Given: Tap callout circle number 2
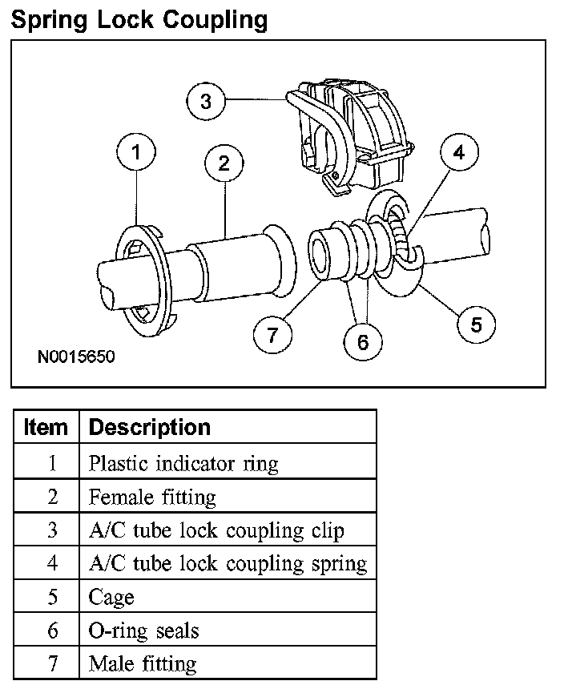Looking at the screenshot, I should point(224,163).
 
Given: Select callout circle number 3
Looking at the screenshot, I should point(206,102).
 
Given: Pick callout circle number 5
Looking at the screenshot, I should point(476,324).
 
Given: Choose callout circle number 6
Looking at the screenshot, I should point(362,342).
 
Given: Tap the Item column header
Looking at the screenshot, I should point(46,427).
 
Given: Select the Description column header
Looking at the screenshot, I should point(150,427).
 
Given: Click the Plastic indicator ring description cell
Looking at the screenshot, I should point(183,463).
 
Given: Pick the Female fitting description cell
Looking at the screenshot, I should point(152,497).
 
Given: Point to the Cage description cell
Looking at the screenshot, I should point(111,597).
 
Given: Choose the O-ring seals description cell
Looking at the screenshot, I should point(143,631).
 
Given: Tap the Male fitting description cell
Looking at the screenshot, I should point(143,664).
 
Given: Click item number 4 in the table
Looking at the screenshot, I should point(52,563).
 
